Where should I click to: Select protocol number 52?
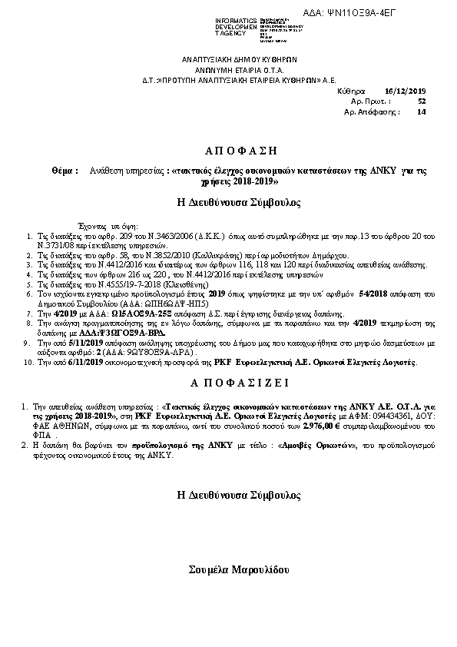tap(422, 101)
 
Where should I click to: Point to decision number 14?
tap(420, 111)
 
